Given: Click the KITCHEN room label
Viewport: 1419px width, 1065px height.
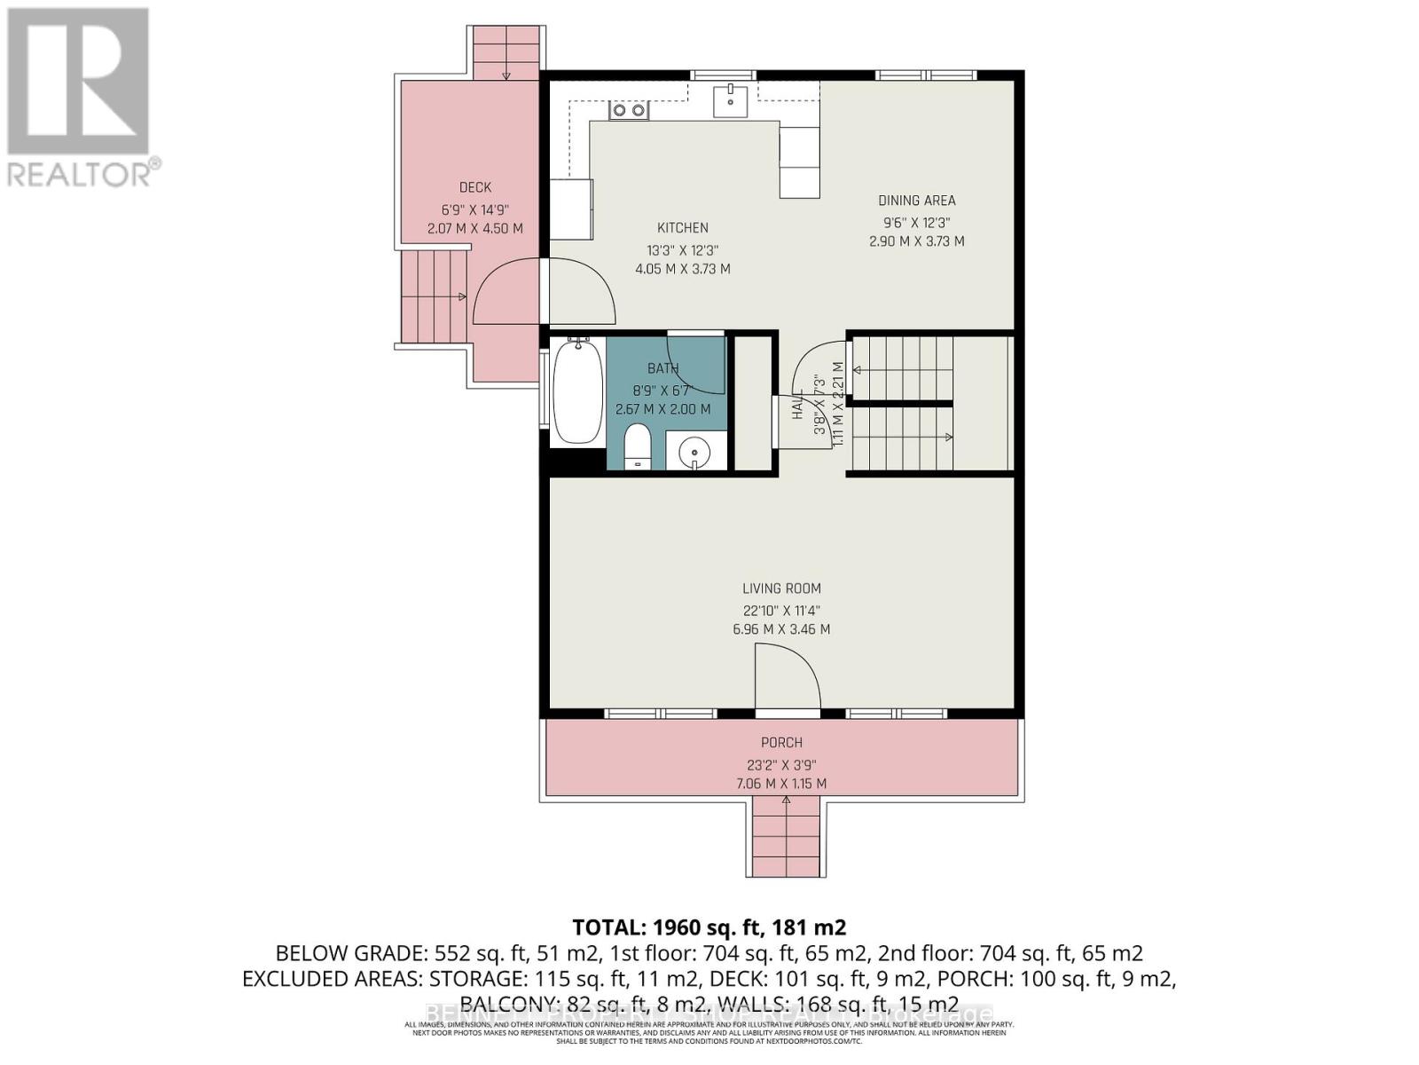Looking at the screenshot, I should point(682,228).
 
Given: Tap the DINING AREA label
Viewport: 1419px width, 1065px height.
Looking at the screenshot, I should point(916,201).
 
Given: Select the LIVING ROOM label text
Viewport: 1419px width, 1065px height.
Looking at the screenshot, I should point(781,588).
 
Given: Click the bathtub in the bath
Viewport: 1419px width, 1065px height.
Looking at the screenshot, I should point(577,393).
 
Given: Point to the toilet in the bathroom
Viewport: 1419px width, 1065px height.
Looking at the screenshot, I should point(637,446).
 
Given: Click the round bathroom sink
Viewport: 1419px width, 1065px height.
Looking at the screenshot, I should point(694,454).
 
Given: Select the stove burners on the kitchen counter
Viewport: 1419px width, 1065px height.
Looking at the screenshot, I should point(628,110).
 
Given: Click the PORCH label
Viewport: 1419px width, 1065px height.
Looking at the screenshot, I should point(781,743).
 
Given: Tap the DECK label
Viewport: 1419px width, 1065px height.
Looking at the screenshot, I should point(475,187).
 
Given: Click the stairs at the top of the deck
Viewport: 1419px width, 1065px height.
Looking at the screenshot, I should point(506,52).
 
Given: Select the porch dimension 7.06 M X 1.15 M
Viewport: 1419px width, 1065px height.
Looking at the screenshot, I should point(781,784).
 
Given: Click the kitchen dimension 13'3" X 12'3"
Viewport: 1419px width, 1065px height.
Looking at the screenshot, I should point(682,251).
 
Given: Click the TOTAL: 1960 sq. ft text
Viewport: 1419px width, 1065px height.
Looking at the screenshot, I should point(709,927).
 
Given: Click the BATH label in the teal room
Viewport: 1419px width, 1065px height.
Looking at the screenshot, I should point(662,368).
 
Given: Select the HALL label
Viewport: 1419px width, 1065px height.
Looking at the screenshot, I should point(796,404).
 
